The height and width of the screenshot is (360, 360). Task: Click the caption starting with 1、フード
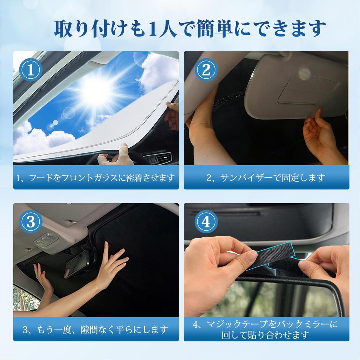click(96, 178)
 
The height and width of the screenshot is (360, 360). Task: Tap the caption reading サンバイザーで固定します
click(266, 178)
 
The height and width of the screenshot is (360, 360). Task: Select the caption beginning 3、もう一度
click(96, 330)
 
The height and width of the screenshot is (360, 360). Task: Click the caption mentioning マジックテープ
click(266, 329)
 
